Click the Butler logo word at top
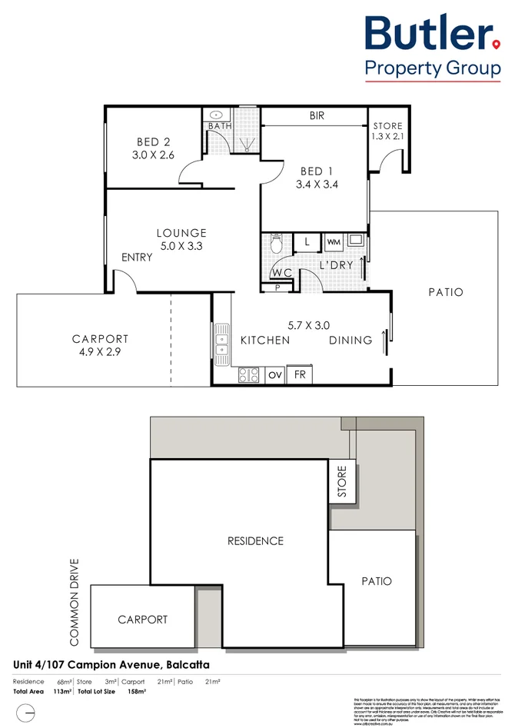tap(430, 35)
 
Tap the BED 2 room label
tap(153, 142)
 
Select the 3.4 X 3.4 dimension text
tap(319, 184)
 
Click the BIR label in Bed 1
tap(317, 116)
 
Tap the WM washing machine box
tap(333, 242)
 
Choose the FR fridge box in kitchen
tap(299, 376)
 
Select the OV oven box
tap(274, 376)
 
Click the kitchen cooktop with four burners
tap(249, 375)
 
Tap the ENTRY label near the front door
tap(137, 258)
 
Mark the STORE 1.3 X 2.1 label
tap(387, 131)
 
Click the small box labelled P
tap(277, 288)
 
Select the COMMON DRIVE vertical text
tap(75, 601)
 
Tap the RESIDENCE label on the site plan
tap(255, 541)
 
